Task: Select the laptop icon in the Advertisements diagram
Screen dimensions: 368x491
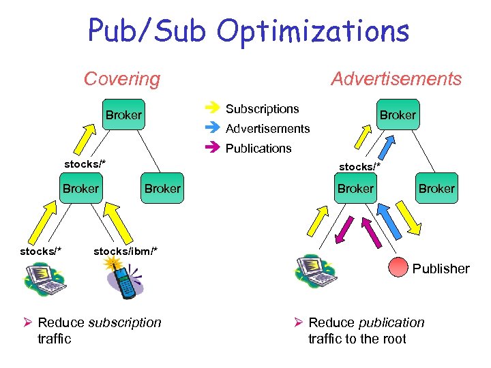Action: pos(315,271)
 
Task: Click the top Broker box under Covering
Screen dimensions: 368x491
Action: pos(123,115)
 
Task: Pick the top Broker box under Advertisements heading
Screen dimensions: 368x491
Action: pos(398,114)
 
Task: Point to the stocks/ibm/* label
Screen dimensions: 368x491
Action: pos(125,251)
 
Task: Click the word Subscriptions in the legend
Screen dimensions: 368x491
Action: pos(262,109)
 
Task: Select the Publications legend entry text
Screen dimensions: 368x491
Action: pos(258,149)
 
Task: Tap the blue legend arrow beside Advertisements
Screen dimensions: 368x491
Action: pos(211,127)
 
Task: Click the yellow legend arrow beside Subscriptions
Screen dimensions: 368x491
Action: pos(211,107)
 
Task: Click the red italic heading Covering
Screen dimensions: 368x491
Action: pos(121,79)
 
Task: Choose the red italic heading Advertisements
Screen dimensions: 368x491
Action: pos(396,79)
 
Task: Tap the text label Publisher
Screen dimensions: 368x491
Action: pos(441,269)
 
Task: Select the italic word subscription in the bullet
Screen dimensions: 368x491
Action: pos(125,322)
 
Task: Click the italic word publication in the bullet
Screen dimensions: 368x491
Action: pos(391,322)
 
